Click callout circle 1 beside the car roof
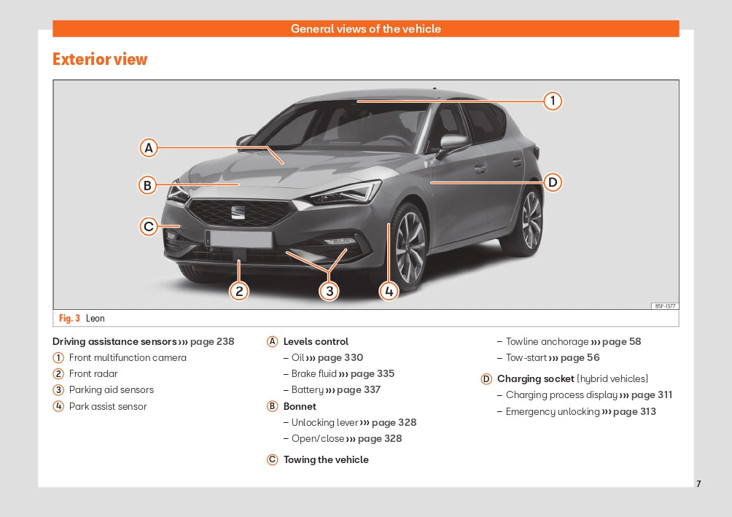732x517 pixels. (553, 101)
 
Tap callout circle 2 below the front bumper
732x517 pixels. (239, 292)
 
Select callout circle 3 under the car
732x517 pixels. (329, 292)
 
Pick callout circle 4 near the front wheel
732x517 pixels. (389, 292)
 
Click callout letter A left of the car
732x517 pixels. (149, 148)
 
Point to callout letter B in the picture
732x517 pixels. (147, 185)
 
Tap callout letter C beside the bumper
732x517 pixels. (149, 227)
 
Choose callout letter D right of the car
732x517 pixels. (553, 182)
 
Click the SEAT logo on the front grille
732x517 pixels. (238, 212)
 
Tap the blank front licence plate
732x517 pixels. (241, 238)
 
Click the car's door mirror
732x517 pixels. (453, 142)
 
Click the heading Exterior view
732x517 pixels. (100, 59)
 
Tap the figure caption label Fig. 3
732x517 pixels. (69, 318)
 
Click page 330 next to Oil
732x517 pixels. (340, 358)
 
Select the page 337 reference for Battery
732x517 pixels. (359, 389)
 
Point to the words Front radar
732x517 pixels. (93, 373)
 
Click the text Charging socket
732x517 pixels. (535, 378)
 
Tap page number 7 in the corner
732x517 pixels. (698, 484)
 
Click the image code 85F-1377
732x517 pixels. (665, 306)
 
